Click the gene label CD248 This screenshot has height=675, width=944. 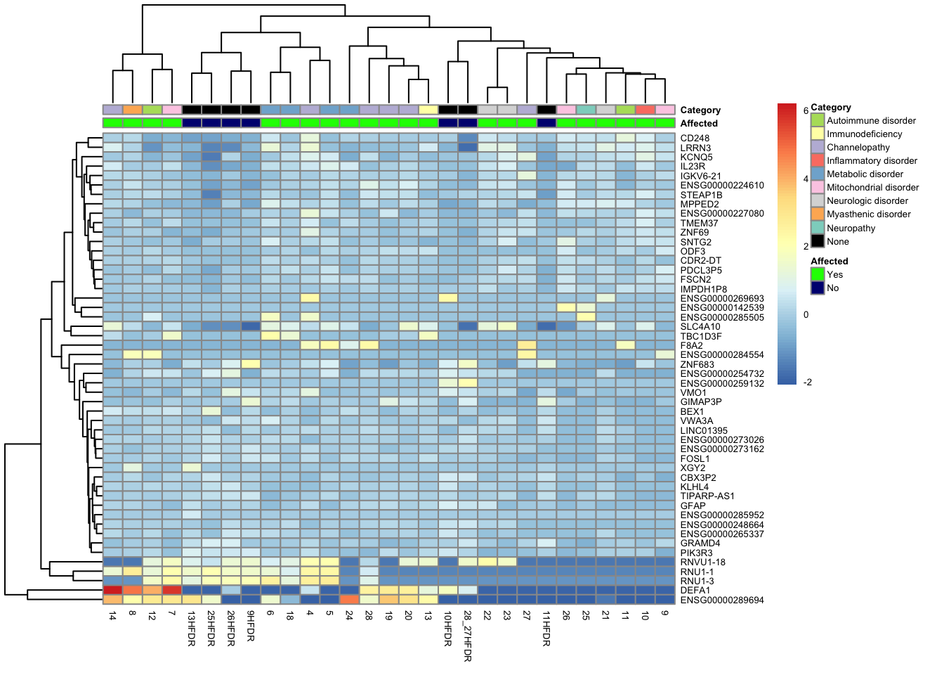(x=695, y=139)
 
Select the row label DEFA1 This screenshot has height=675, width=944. (x=695, y=591)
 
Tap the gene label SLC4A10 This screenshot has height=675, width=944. (x=700, y=327)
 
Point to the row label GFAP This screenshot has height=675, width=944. (x=693, y=506)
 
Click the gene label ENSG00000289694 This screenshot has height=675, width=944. (x=722, y=600)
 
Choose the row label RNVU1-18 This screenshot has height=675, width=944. (x=702, y=562)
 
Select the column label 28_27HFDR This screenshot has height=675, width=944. (x=467, y=636)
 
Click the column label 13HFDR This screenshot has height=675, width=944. (x=191, y=629)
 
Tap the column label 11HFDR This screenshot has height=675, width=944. (x=546, y=629)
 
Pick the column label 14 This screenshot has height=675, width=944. (x=112, y=616)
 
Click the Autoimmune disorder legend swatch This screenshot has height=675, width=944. (x=818, y=120)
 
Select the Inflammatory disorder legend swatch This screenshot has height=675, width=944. (x=818, y=161)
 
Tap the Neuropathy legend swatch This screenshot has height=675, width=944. (x=818, y=228)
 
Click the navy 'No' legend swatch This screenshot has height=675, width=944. (x=818, y=288)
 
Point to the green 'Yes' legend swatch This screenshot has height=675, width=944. (x=818, y=274)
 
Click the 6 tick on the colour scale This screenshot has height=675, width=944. (x=806, y=111)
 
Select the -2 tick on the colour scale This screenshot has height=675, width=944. (x=807, y=382)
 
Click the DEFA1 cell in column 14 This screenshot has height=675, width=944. (x=112, y=591)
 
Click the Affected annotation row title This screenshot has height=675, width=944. (x=699, y=123)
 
